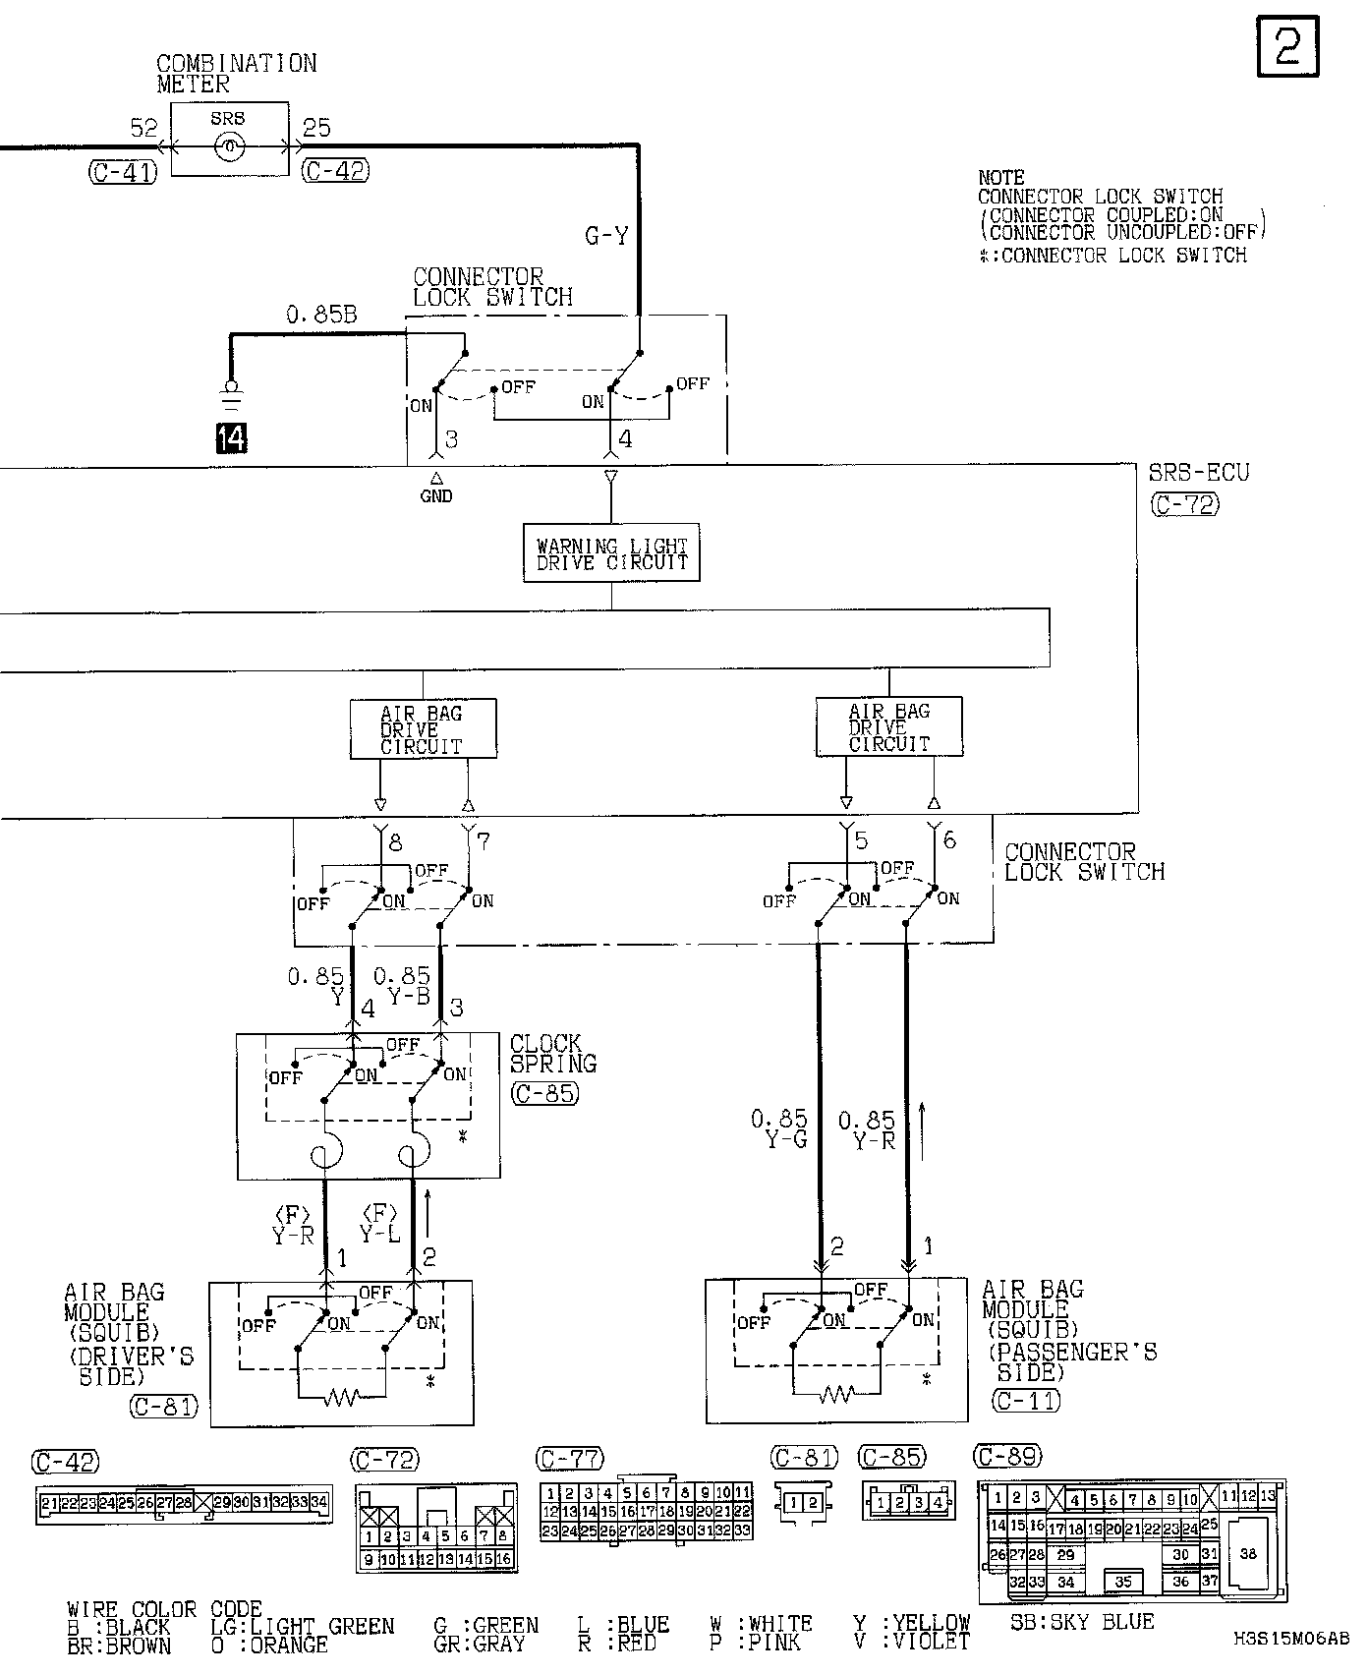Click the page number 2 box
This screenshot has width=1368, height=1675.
(x=1287, y=46)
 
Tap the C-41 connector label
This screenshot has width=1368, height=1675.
(x=122, y=173)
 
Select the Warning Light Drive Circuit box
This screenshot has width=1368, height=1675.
(x=611, y=554)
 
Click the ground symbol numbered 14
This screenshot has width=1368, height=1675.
(x=231, y=436)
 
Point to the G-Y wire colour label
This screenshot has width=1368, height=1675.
(x=606, y=236)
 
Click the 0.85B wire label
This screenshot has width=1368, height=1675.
(x=321, y=315)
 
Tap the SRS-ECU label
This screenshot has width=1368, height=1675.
(x=1199, y=473)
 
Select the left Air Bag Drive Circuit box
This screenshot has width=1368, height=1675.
(x=423, y=729)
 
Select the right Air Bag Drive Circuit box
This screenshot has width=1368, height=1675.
(x=889, y=727)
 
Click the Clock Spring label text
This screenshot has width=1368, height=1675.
(x=552, y=1053)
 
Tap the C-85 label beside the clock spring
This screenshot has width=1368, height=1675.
(x=544, y=1092)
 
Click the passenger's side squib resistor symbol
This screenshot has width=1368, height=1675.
(x=836, y=1393)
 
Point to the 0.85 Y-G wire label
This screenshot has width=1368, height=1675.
(x=779, y=1129)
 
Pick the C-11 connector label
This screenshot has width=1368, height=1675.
(x=1026, y=1400)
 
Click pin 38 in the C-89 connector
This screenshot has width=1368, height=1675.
(x=1248, y=1554)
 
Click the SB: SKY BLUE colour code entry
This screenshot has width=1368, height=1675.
(x=1082, y=1622)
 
